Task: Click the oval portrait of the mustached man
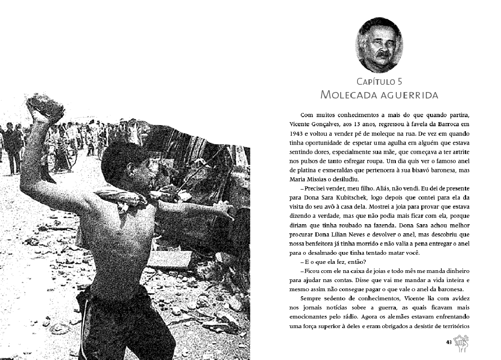coord(379,46)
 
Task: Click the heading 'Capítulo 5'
coord(379,82)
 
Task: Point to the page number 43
coord(449,342)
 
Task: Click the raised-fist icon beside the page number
coord(462,342)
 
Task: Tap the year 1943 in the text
coord(297,133)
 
